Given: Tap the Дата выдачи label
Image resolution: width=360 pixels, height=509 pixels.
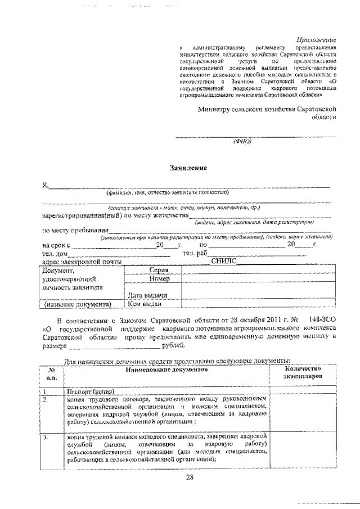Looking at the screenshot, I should point(147,295).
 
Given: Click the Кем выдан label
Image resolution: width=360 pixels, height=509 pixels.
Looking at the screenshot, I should point(145,304).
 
